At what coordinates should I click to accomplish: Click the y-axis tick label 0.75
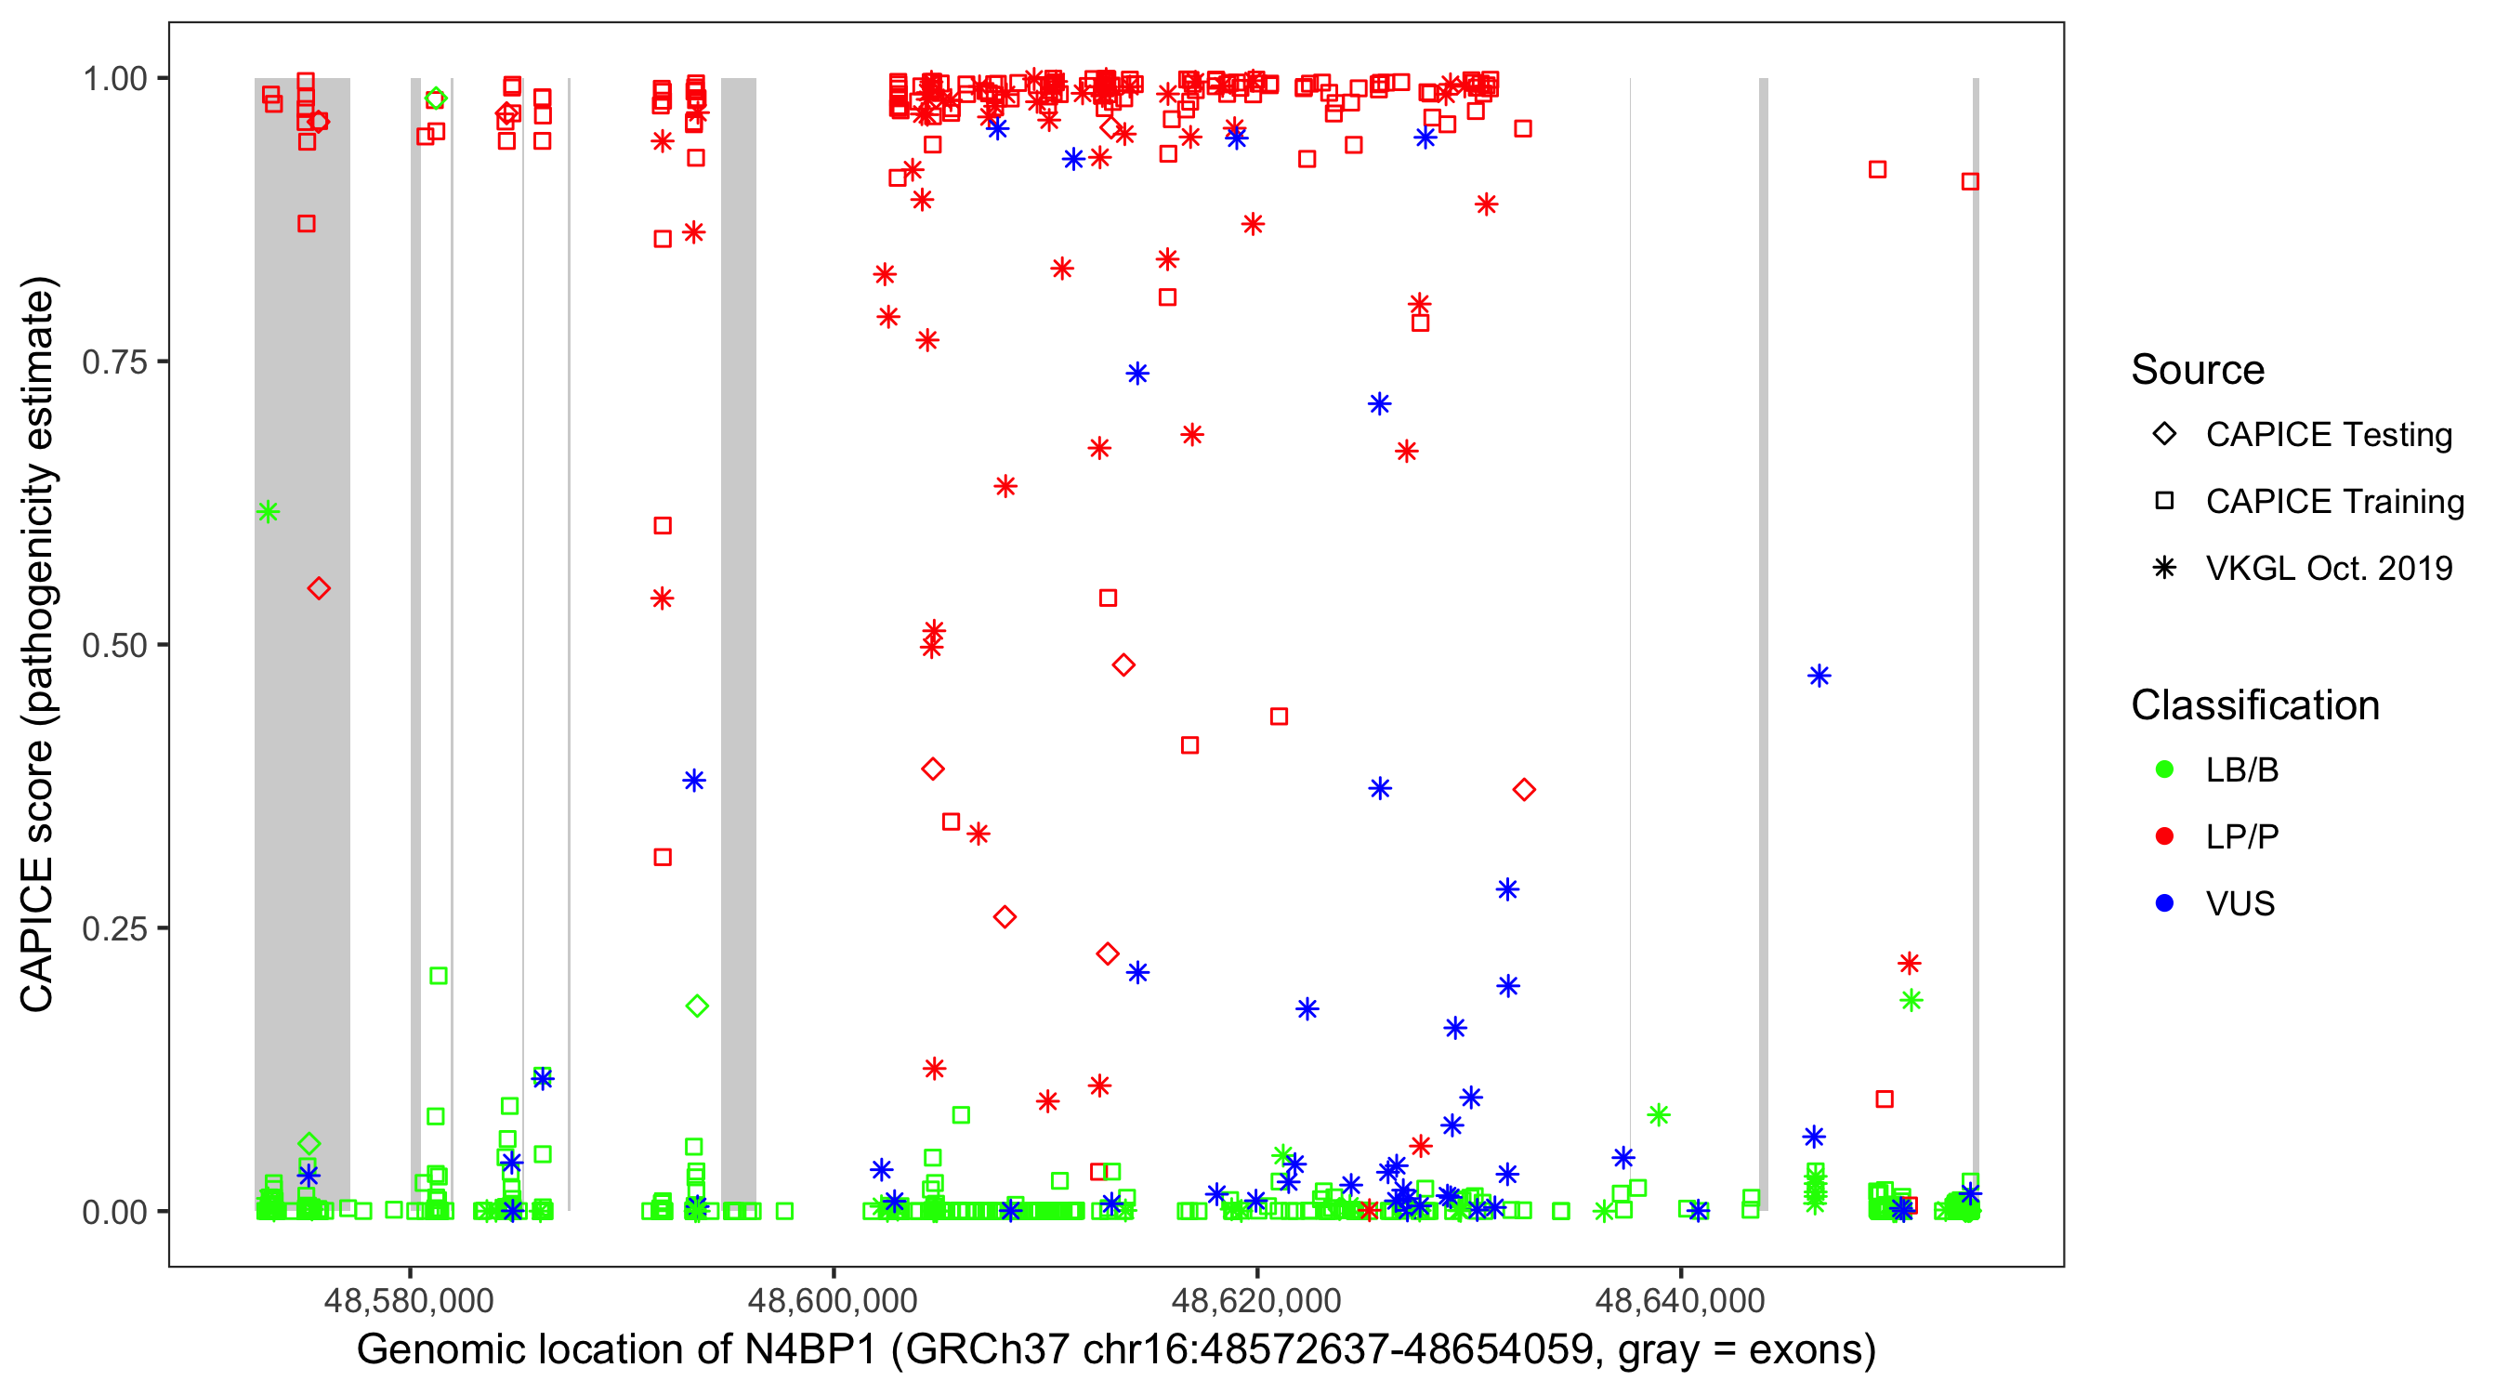pos(113,362)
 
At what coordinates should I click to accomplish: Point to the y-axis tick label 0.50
pos(113,646)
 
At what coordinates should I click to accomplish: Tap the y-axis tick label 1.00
pos(113,79)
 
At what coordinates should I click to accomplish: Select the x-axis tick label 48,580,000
pos(409,1300)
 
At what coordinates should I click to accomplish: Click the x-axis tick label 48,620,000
pos(1256,1300)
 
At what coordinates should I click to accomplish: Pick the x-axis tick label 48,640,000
pos(1680,1300)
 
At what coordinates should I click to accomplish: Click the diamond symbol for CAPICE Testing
pos(2164,435)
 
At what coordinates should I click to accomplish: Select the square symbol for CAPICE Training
pos(2164,502)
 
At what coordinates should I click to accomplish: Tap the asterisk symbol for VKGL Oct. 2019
pos(2164,568)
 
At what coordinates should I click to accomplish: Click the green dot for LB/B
pos(2164,770)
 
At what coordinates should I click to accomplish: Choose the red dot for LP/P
pos(2164,836)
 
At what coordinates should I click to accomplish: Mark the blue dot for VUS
pos(2164,904)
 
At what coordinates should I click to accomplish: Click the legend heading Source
pos(2198,370)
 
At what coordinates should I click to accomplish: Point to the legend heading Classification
pos(2254,705)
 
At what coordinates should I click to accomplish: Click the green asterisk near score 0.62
pos(269,512)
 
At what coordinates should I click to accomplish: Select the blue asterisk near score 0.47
pos(1819,676)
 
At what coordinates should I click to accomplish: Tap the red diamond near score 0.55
pos(319,588)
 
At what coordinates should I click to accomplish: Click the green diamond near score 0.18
pos(696,1006)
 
